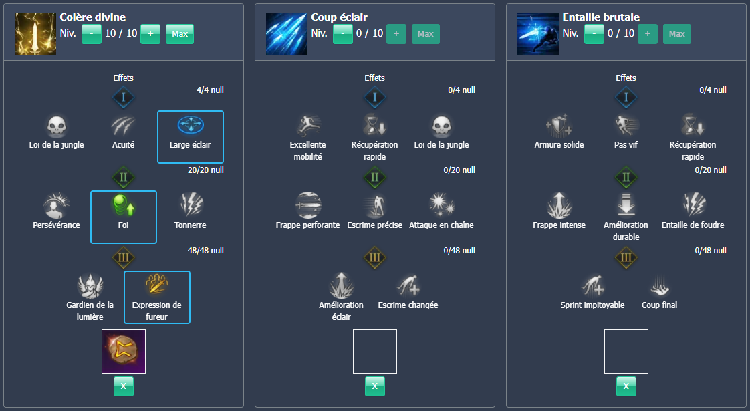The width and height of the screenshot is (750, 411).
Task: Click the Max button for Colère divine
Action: pos(179,33)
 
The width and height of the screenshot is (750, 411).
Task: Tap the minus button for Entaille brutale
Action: pos(594,33)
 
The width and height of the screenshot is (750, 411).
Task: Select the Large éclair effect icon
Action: pos(191,125)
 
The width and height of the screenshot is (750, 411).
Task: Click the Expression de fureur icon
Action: pos(157,285)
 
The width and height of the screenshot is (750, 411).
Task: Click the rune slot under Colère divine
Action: pos(124,352)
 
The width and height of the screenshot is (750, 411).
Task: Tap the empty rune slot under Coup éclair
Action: pos(375,352)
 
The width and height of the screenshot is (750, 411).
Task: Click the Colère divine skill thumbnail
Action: pos(35,34)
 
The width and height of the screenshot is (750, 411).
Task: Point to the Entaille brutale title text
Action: pos(601,17)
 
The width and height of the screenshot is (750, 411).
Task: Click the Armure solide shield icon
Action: pos(559,125)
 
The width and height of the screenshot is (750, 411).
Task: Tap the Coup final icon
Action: pos(660,285)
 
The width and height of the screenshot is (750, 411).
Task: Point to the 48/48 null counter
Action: pos(206,251)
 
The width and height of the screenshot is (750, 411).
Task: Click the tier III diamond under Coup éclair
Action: pos(375,257)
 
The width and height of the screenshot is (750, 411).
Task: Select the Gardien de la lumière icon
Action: pos(90,285)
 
